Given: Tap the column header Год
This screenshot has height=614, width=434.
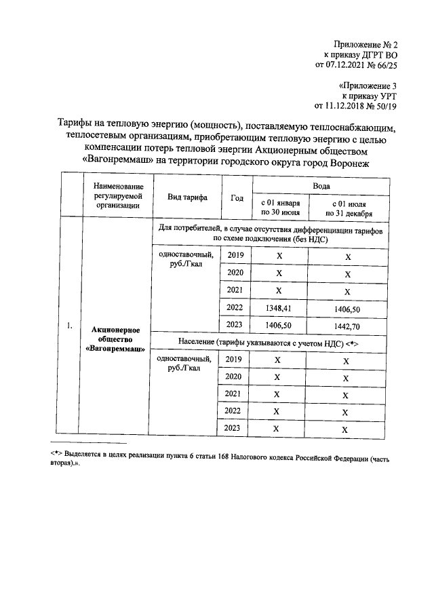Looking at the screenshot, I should click(237, 197).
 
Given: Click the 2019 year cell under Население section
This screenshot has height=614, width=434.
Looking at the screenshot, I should click(234, 359).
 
